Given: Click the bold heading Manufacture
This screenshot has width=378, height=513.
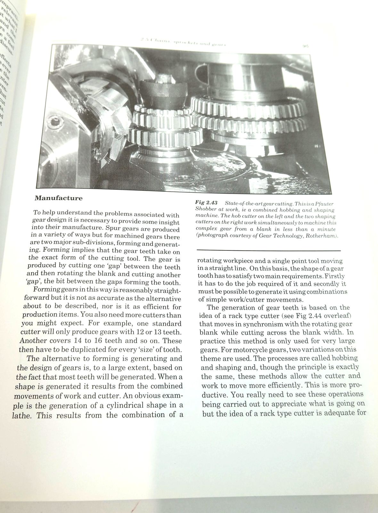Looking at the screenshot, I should [58, 198].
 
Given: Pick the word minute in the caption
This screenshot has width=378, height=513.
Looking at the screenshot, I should [326, 229].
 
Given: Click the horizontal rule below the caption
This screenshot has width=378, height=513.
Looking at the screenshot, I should [268, 250].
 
